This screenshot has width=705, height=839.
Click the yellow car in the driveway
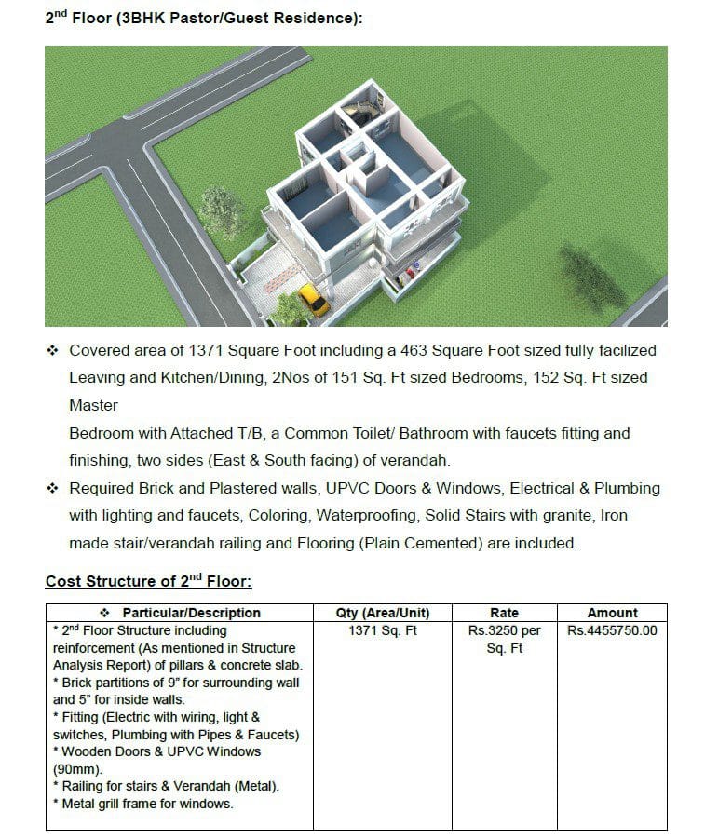click(x=314, y=301)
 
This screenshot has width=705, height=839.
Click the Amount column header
click(x=612, y=613)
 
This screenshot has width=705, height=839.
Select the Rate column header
click(x=504, y=613)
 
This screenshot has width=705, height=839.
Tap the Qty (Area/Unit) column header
click(x=382, y=613)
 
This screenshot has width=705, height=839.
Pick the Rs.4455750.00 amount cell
click(x=612, y=630)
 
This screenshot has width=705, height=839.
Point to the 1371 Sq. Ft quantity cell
click(x=382, y=630)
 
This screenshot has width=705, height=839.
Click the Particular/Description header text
click(x=191, y=613)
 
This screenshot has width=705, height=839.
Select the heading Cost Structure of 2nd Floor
click(x=148, y=581)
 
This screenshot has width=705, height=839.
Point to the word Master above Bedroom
click(x=93, y=406)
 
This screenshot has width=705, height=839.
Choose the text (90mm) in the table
click(x=77, y=769)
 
